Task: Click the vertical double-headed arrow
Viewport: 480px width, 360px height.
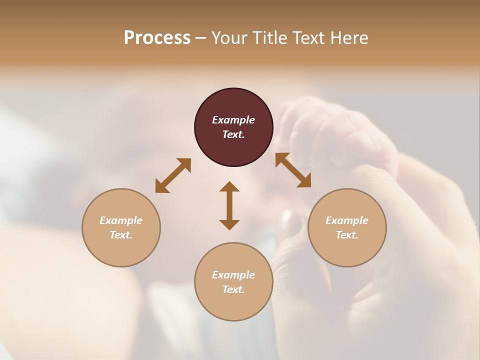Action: pyautogui.click(x=229, y=205)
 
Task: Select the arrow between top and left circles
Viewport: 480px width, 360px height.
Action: pyautogui.click(x=173, y=175)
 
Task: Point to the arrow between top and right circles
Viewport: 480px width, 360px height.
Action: pyautogui.click(x=293, y=170)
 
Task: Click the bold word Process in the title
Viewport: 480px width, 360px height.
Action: pyautogui.click(x=157, y=37)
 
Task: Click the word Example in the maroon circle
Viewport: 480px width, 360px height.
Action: pyautogui.click(x=233, y=120)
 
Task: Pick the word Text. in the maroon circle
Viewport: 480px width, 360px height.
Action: pyautogui.click(x=233, y=134)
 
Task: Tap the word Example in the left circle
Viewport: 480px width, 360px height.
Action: pyautogui.click(x=121, y=220)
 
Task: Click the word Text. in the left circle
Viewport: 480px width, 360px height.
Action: pyautogui.click(x=121, y=235)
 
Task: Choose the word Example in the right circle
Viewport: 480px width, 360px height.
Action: pyautogui.click(x=347, y=220)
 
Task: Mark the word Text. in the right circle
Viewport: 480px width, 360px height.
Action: pyautogui.click(x=347, y=235)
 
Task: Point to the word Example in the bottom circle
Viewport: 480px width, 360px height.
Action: pyautogui.click(x=233, y=275)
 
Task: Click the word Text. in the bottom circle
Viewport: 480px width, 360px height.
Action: pyautogui.click(x=233, y=289)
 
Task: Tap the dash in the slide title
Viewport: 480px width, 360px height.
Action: pyautogui.click(x=200, y=38)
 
